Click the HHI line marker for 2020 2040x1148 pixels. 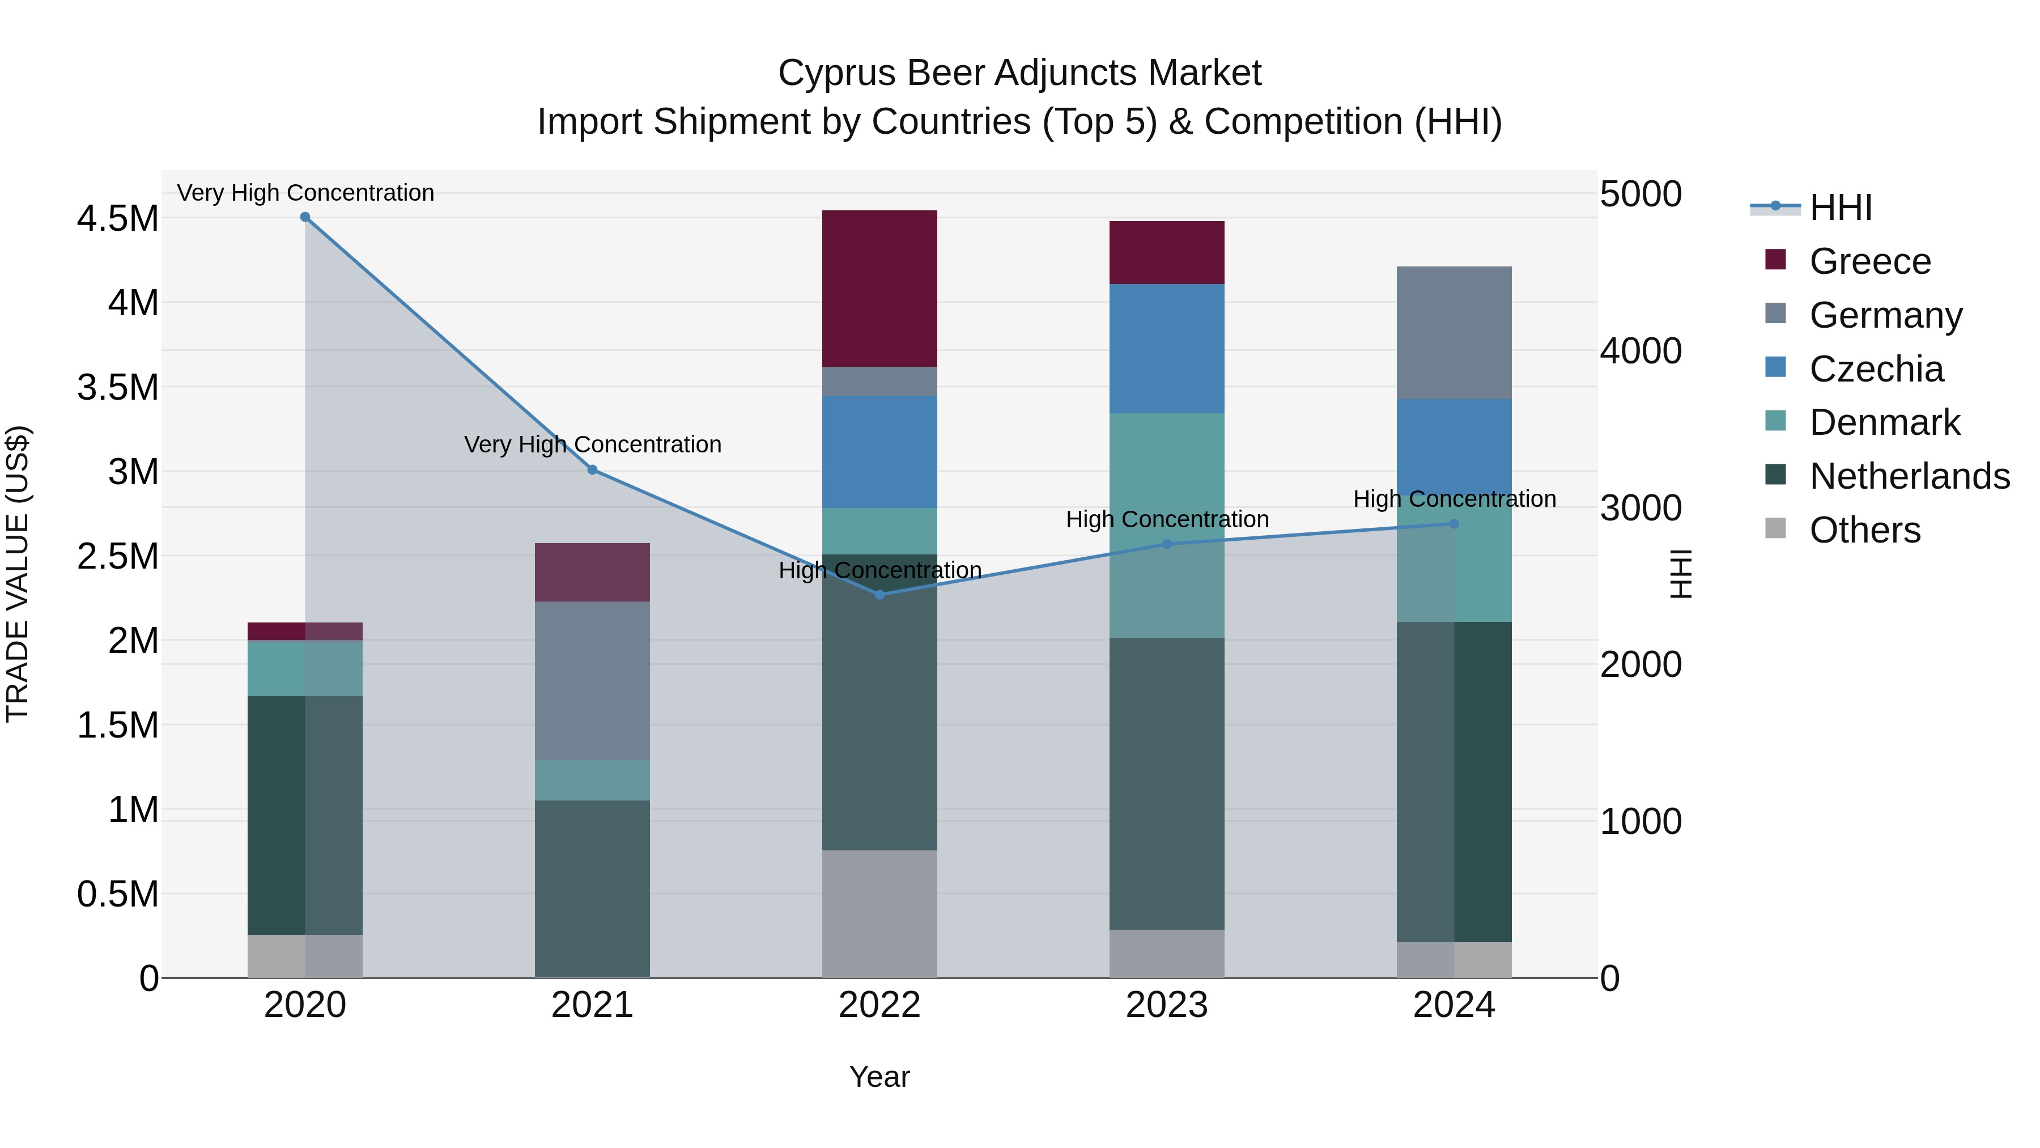(305, 217)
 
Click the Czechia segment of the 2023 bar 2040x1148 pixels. (1167, 349)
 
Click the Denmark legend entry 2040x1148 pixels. (1884, 422)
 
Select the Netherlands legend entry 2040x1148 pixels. (1909, 476)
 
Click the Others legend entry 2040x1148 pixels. (1864, 530)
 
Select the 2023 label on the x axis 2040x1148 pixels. (1167, 1005)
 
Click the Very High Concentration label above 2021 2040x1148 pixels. (592, 444)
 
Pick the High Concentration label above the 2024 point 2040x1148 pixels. (1454, 499)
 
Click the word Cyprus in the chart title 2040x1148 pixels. (836, 73)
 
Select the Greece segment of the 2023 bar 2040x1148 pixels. (1167, 252)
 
